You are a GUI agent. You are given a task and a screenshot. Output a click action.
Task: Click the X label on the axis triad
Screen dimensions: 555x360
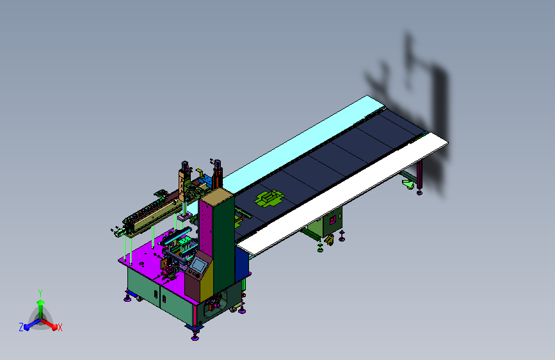click(x=60, y=328)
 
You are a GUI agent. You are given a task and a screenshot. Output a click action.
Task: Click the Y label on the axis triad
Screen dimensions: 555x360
click(x=40, y=293)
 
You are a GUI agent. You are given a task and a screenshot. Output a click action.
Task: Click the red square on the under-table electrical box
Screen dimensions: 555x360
click(x=332, y=221)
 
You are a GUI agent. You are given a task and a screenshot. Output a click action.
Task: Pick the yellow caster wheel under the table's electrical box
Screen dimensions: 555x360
click(x=330, y=241)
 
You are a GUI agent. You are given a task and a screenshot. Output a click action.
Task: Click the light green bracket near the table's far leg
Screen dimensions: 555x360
click(x=408, y=184)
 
